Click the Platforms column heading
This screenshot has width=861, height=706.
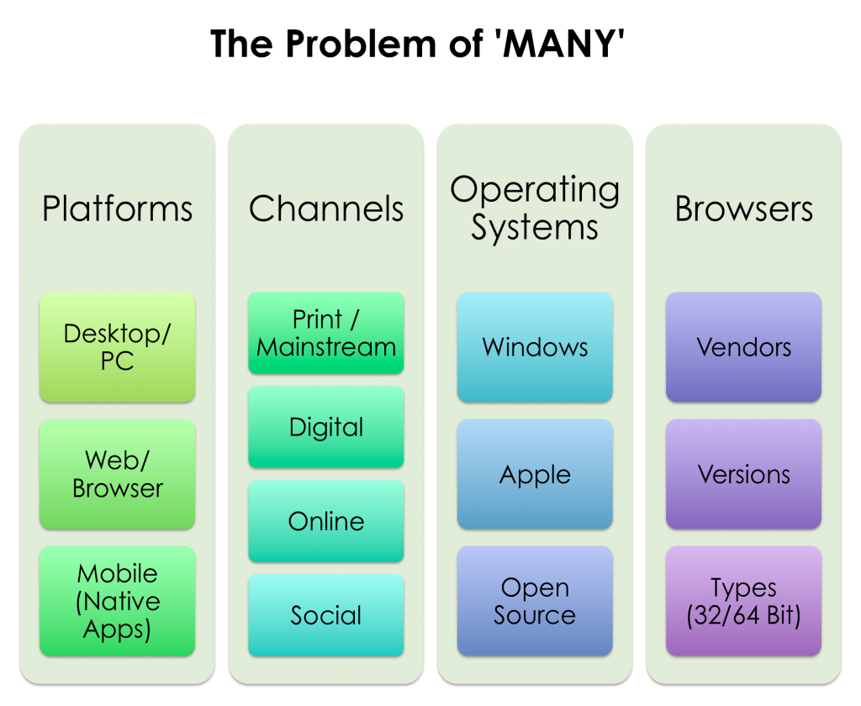(x=118, y=208)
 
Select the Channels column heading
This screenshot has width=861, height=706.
(x=326, y=208)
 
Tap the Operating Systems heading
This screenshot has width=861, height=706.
(x=535, y=208)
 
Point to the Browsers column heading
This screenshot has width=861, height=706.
(x=744, y=208)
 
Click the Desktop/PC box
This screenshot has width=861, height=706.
(x=118, y=347)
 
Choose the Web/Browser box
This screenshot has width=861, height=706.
(x=118, y=474)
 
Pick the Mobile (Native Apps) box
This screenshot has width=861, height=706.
(x=118, y=601)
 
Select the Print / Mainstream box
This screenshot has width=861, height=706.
(x=326, y=333)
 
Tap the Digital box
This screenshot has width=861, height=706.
(x=326, y=427)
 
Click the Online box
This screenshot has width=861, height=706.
(x=326, y=521)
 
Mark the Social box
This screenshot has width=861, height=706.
(x=326, y=615)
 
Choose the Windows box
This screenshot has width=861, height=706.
(x=535, y=347)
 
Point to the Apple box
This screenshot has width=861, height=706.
(x=535, y=474)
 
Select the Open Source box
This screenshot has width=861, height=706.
(x=535, y=601)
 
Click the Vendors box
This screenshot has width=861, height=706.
(x=744, y=347)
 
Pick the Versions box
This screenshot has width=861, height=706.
(x=744, y=474)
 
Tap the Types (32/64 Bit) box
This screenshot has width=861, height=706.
(x=744, y=601)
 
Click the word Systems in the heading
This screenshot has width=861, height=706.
(x=535, y=228)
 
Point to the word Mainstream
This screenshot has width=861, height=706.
(x=326, y=347)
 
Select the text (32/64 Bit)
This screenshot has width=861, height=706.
(x=744, y=616)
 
